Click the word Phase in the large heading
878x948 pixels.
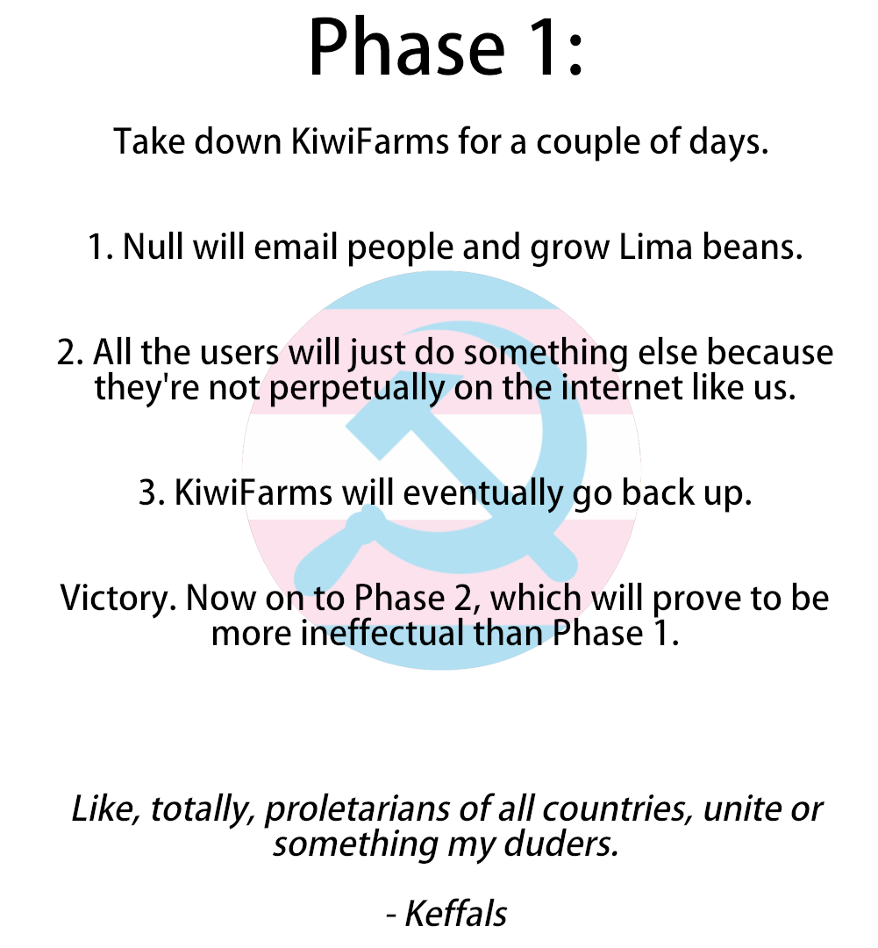(406, 47)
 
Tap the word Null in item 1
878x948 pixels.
(153, 248)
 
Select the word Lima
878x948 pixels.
(655, 248)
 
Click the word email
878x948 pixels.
(296, 248)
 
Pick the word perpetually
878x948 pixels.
(356, 388)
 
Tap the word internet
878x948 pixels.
(621, 388)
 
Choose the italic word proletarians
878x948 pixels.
(357, 809)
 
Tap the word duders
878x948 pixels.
(561, 844)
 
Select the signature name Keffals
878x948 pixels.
(455, 914)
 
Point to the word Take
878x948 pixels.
(149, 141)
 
